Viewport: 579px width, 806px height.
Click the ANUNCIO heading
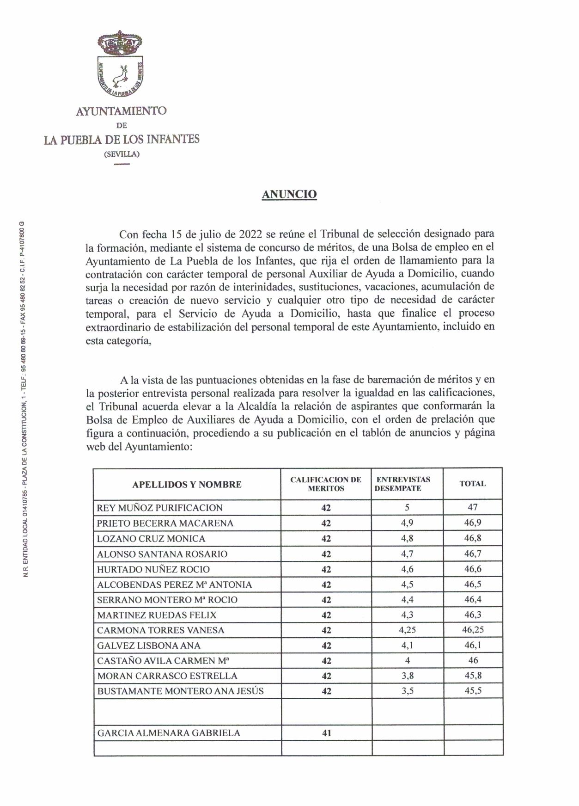point(289,194)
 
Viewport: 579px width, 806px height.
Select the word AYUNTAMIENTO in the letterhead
point(121,111)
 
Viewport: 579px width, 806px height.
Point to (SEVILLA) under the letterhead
point(122,154)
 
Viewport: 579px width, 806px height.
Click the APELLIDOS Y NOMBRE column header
point(187,485)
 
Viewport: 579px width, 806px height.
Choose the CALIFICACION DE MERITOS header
point(326,484)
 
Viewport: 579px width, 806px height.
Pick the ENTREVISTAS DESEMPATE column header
point(403,484)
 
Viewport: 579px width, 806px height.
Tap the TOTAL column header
point(472,484)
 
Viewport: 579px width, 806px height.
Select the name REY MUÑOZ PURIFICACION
point(159,508)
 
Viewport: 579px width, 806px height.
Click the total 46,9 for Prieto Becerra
point(473,523)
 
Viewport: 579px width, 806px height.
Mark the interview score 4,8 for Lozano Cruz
point(407,538)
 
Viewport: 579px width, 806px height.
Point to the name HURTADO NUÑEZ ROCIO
point(153,569)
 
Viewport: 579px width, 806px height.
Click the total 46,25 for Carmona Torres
point(473,630)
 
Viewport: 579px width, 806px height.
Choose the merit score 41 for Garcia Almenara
point(326,733)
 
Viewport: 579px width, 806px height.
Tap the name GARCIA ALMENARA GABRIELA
point(169,733)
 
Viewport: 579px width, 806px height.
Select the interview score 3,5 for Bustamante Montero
point(407,691)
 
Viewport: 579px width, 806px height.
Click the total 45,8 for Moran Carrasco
point(473,676)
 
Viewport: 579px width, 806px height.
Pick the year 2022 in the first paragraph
point(251,234)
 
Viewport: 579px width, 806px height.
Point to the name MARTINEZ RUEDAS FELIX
point(157,615)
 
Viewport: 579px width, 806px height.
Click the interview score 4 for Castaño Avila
point(407,660)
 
